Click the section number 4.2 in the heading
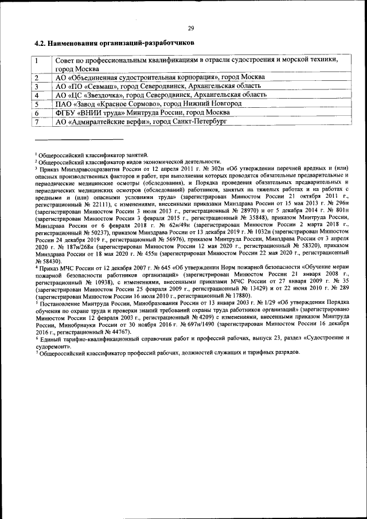(x=40, y=43)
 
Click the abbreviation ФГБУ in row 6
(x=66, y=113)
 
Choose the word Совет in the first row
(x=65, y=60)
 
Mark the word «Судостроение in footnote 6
(x=324, y=339)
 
